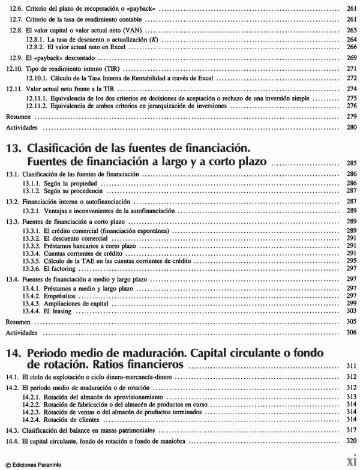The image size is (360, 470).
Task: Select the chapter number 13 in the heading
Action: [14, 148]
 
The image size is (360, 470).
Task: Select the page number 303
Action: [352, 310]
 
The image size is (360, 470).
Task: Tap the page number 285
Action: [352, 163]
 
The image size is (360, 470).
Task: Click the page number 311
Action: [352, 366]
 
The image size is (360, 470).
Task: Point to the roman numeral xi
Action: [349, 461]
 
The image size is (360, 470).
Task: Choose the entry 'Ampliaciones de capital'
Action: [82, 303]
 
